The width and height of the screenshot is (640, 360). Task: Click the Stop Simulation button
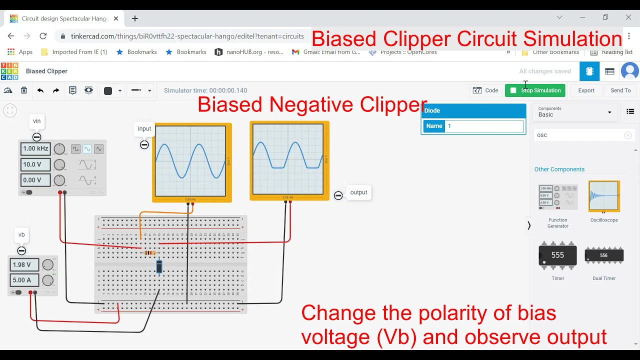tap(535, 90)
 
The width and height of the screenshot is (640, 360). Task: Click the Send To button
tap(620, 90)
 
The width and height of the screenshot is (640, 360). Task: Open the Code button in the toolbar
tap(485, 90)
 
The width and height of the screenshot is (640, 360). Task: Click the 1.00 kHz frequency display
tap(35, 148)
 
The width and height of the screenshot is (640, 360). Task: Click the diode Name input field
tap(484, 126)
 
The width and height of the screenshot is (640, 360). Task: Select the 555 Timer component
tap(557, 255)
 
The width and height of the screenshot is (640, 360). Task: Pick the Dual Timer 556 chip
tap(604, 255)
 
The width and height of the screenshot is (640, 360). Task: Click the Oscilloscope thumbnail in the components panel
tap(604, 196)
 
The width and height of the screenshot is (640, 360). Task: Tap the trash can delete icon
tap(24, 90)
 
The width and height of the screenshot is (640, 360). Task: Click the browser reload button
tap(43, 36)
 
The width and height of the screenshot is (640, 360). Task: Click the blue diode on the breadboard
tap(159, 267)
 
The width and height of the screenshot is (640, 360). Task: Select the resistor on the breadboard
tap(149, 253)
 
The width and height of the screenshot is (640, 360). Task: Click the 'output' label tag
tap(358, 192)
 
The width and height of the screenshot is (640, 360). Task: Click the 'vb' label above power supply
tap(21, 234)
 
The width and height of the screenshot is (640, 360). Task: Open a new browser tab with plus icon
tap(135, 18)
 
